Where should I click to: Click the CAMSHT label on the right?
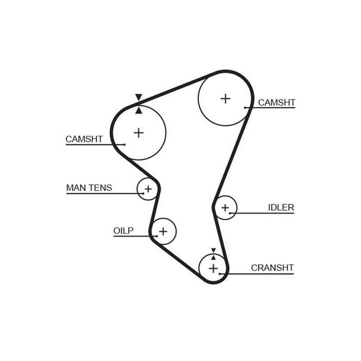276,103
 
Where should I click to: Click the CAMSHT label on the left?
84,139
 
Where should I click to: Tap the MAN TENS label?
89,188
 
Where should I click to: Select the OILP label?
123,231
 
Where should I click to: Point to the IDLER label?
281,208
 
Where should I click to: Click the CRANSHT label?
272,268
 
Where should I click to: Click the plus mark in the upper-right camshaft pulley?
225,98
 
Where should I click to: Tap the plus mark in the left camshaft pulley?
139,133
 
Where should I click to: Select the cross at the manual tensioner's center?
148,189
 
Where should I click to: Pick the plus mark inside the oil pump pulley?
163,231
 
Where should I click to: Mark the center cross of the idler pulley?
225,208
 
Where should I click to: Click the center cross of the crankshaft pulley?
213,268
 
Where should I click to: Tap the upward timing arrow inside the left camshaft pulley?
139,110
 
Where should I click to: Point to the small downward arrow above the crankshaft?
213,250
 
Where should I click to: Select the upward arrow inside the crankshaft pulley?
213,257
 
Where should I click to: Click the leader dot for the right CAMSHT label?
245,107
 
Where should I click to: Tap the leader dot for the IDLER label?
230,213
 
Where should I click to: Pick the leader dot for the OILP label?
156,236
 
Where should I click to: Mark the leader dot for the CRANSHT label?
220,273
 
